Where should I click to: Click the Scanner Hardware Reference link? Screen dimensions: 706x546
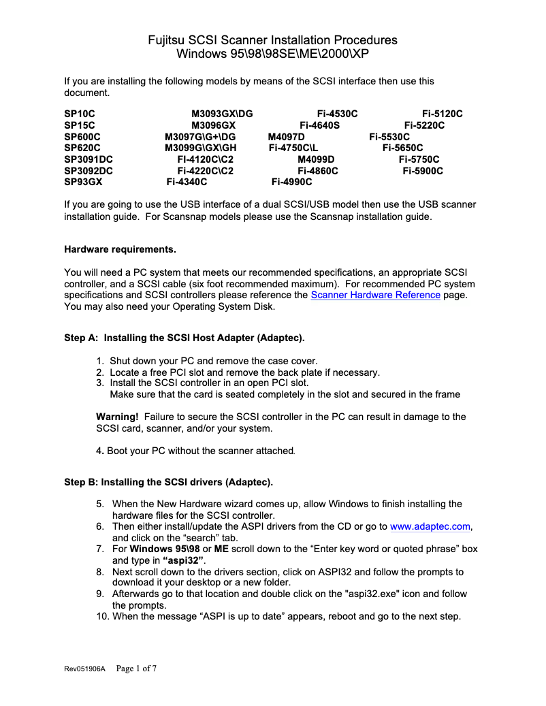click(x=375, y=295)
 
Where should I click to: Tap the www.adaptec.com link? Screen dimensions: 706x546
click(x=430, y=526)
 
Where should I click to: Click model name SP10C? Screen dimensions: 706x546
click(x=79, y=114)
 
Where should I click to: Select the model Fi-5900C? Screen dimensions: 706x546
click(x=423, y=171)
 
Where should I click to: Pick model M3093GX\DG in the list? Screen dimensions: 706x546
click(x=222, y=114)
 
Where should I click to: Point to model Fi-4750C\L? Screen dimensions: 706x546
click(x=293, y=148)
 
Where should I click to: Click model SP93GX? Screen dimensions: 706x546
click(x=83, y=182)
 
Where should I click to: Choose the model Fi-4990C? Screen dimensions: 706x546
click(x=291, y=182)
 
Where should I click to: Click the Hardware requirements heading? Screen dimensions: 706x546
click(x=120, y=249)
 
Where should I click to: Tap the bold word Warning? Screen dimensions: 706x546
click(x=117, y=417)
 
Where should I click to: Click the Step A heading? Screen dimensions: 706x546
click(x=184, y=338)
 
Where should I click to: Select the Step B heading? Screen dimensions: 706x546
click(x=168, y=482)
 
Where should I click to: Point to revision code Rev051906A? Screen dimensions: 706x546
click(x=85, y=669)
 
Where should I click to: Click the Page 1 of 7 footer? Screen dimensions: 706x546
click(x=137, y=669)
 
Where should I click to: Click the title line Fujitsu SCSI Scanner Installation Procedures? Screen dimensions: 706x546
click(x=272, y=40)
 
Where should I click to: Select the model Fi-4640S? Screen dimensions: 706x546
click(x=319, y=125)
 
